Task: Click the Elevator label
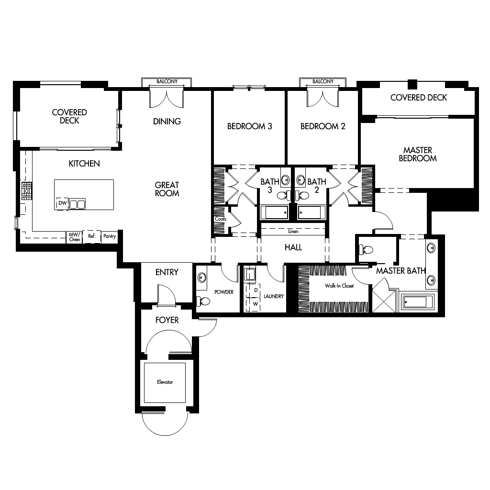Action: point(164,382)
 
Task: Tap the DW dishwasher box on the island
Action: point(62,203)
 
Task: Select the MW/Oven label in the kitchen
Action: point(74,236)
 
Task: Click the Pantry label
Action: point(110,236)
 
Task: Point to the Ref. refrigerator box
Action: point(91,236)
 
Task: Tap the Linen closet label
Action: point(293,232)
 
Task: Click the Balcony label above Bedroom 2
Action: point(323,82)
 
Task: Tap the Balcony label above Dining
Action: point(167,82)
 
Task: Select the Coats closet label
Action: point(220,219)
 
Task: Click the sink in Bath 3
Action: point(285,180)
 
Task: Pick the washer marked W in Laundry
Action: point(256,303)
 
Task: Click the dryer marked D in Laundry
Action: point(256,290)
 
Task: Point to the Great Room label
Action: point(167,189)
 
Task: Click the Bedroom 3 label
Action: point(249,126)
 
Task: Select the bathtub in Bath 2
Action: point(311,211)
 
